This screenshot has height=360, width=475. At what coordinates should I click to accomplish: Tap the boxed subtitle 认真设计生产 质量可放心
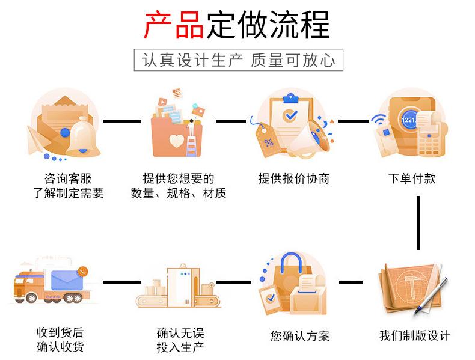pyautogui.click(x=238, y=60)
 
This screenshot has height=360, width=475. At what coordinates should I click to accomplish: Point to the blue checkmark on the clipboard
pyautogui.click(x=291, y=114)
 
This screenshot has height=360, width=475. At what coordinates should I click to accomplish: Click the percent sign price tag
pyautogui.click(x=268, y=141)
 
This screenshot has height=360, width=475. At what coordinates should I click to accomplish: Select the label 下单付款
pyautogui.click(x=412, y=178)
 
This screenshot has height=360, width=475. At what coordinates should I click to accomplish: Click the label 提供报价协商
pyautogui.click(x=294, y=178)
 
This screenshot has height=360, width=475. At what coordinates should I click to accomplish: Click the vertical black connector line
pyautogui.click(x=418, y=222)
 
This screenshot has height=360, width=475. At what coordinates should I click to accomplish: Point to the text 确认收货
pyautogui.click(x=60, y=347)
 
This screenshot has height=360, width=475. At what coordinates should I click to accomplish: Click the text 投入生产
pyautogui.click(x=180, y=347)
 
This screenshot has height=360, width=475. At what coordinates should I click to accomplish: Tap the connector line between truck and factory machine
pyautogui.click(x=122, y=281)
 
